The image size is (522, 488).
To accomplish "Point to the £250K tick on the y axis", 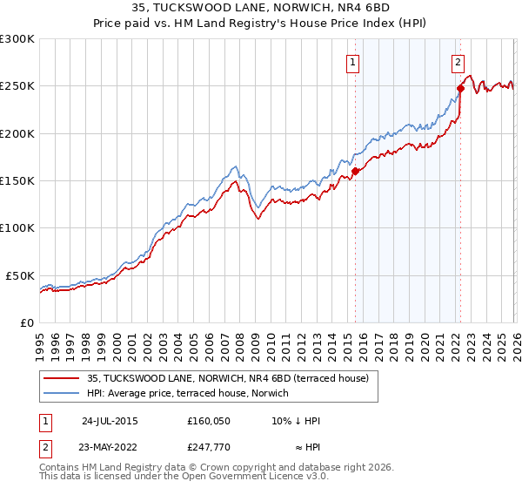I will coord(17,86).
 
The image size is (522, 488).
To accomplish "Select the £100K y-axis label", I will coord(17,228).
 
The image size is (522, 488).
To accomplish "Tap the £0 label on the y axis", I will coord(27,322).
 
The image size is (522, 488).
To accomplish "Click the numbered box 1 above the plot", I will coord(353,62).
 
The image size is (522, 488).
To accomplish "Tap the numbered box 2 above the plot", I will coord(458,62).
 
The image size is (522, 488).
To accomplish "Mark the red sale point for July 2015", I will coord(355,171).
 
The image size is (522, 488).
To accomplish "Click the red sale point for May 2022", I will coord(460,88).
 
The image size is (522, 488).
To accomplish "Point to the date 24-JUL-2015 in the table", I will coord(110,420).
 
